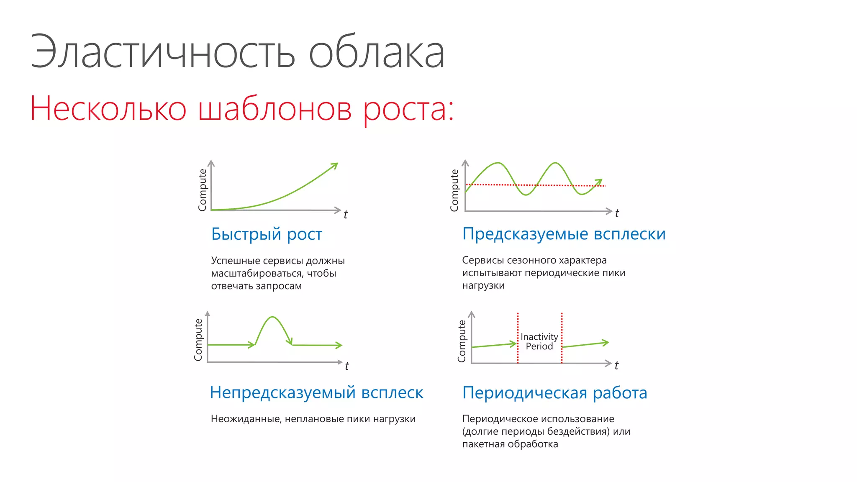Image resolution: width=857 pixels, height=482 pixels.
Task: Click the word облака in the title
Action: point(377,52)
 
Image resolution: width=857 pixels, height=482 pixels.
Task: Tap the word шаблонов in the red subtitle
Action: point(275,109)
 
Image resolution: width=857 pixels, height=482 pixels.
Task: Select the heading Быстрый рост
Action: point(267,234)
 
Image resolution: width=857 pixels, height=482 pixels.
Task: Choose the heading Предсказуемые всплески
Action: point(564,234)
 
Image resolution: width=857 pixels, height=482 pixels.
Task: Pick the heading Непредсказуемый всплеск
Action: point(316,393)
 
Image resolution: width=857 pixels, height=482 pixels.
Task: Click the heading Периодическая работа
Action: point(554,393)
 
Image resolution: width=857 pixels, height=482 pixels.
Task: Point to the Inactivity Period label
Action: point(539,341)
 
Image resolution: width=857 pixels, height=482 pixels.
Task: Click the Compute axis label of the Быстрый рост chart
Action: point(203,190)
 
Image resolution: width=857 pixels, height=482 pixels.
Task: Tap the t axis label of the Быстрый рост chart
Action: point(345,215)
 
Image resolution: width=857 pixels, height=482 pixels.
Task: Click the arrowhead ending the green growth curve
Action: point(335,165)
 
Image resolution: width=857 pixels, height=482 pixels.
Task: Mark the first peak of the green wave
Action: point(498,163)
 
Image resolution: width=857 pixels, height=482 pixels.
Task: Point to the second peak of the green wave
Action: point(555,163)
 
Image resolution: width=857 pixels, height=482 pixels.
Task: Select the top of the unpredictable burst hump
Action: point(273,317)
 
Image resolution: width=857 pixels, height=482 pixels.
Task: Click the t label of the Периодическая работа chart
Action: point(616,366)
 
